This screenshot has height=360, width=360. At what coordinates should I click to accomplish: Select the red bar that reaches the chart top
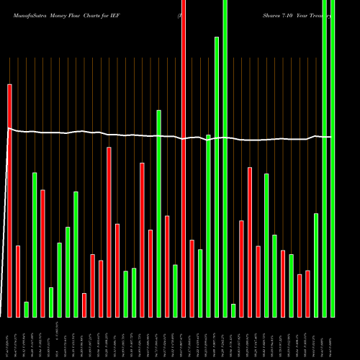pyautogui.click(x=183, y=158)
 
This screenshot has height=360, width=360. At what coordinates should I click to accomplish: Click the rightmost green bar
pyautogui.click(x=332, y=158)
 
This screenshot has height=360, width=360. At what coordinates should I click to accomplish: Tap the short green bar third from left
pyautogui.click(x=26, y=310)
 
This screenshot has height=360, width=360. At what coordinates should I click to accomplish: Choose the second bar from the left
pyautogui.click(x=18, y=281)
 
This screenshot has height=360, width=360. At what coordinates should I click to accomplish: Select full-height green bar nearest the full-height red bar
pyautogui.click(x=225, y=158)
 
